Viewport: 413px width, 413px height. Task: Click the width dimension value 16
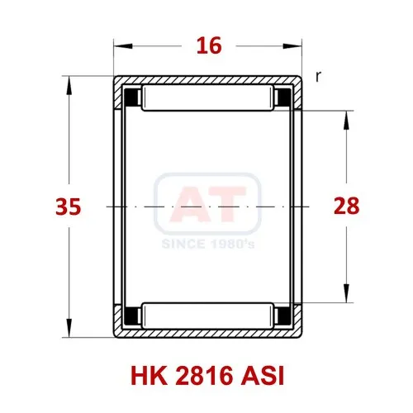[209, 45]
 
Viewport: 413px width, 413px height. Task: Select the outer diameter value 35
[69, 206]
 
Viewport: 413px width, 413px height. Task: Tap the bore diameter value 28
[346, 206]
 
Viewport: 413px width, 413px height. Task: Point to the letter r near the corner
[318, 77]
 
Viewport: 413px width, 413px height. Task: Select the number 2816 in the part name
[204, 376]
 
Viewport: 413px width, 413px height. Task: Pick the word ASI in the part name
[262, 376]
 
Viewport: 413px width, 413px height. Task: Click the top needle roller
[207, 98]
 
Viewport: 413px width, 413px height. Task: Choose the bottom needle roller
[207, 316]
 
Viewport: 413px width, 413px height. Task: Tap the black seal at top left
[131, 97]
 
